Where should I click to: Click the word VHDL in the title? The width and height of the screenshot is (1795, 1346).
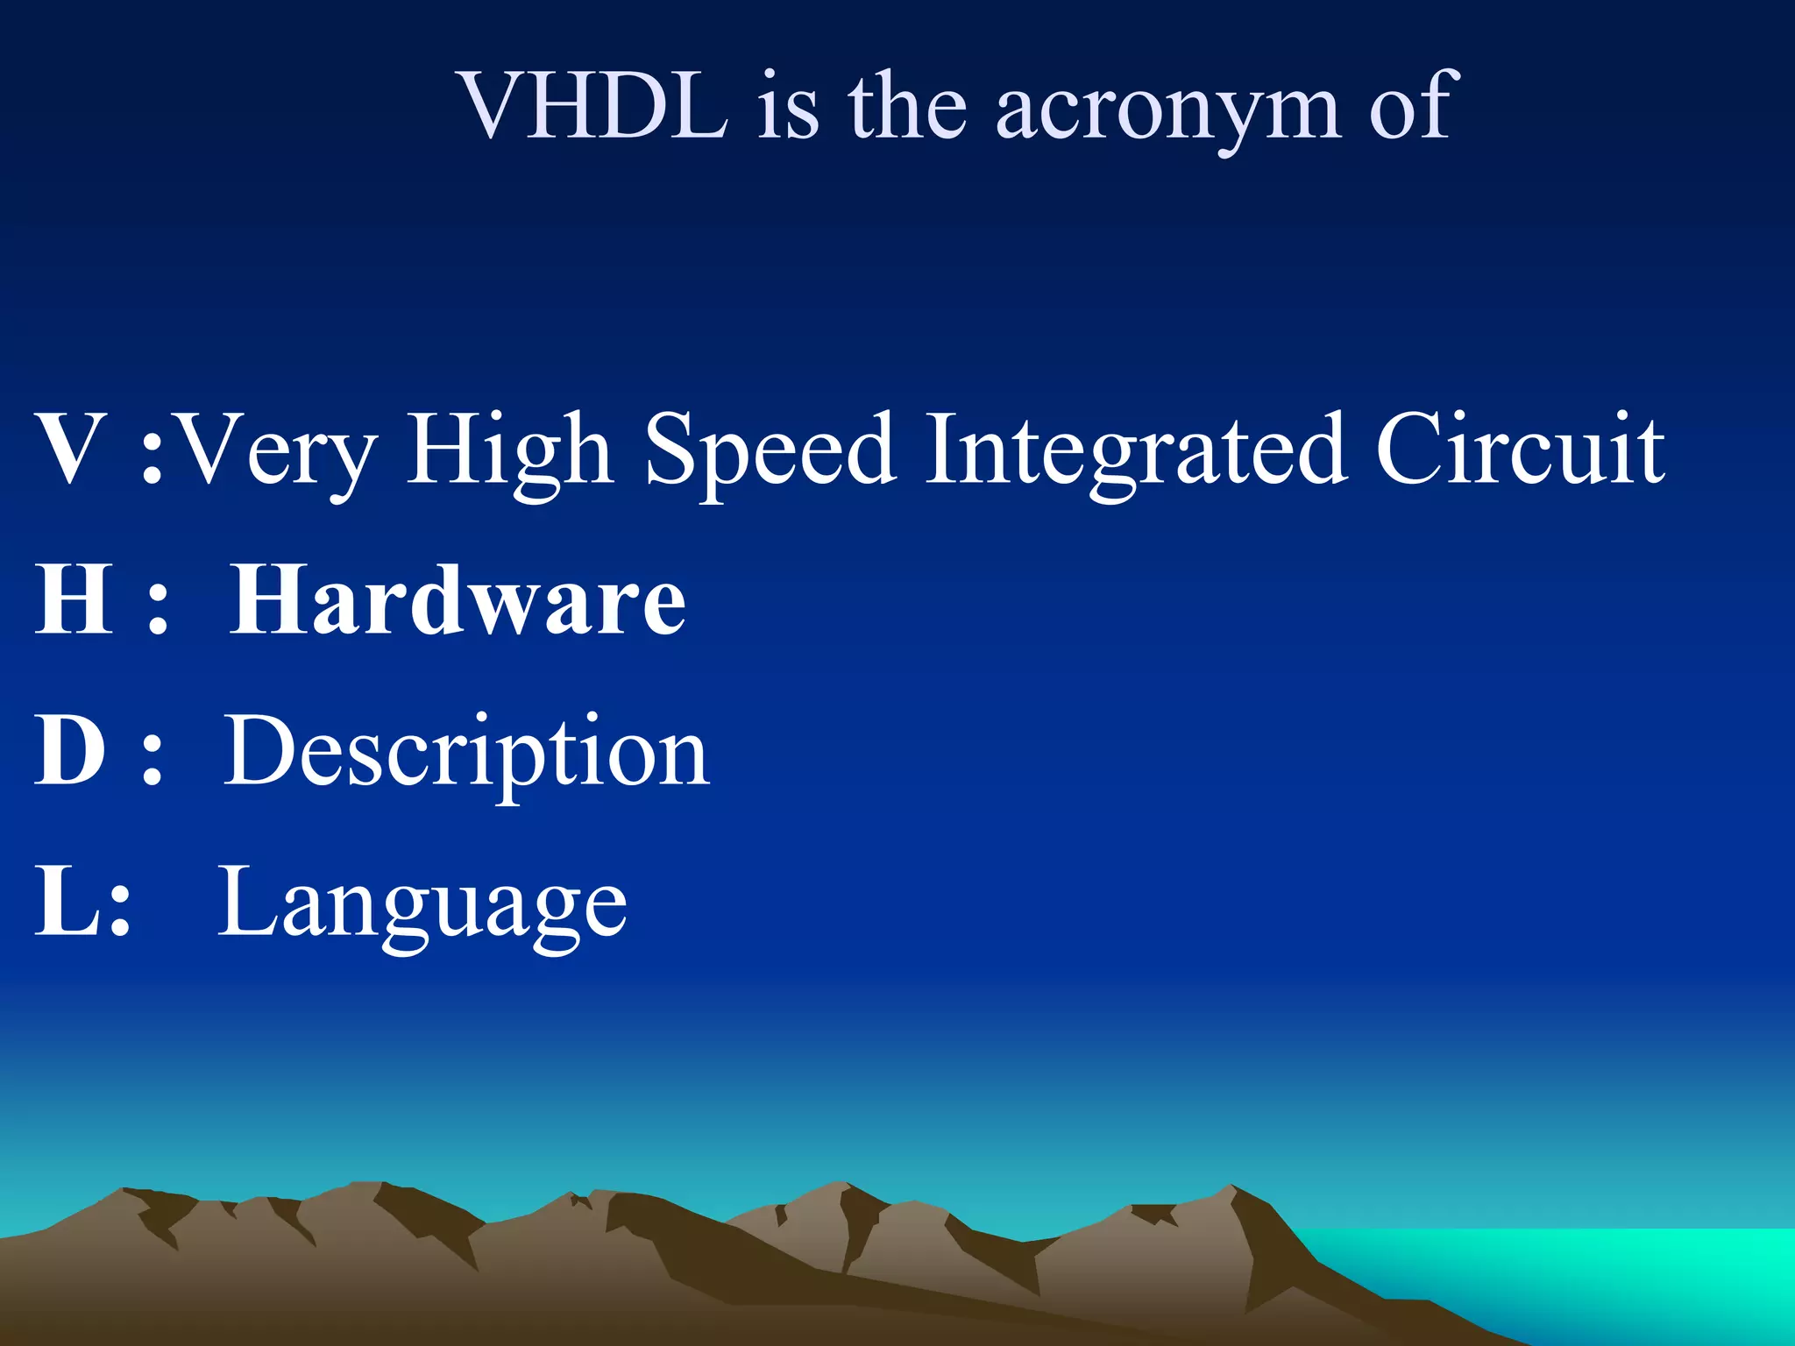(594, 106)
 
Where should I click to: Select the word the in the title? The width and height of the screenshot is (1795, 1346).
(907, 106)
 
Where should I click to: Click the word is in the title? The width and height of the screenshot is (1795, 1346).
(788, 106)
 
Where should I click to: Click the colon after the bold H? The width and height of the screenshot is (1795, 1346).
(158, 608)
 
